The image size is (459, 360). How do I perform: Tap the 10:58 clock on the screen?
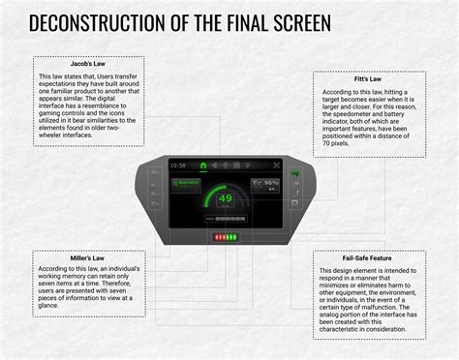pos(178,165)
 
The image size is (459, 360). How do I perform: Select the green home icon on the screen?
pos(202,165)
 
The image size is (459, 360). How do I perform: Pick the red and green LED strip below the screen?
pos(227,236)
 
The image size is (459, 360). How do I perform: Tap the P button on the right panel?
pos(294,203)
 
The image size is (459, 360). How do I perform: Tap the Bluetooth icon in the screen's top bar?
pos(215,165)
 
